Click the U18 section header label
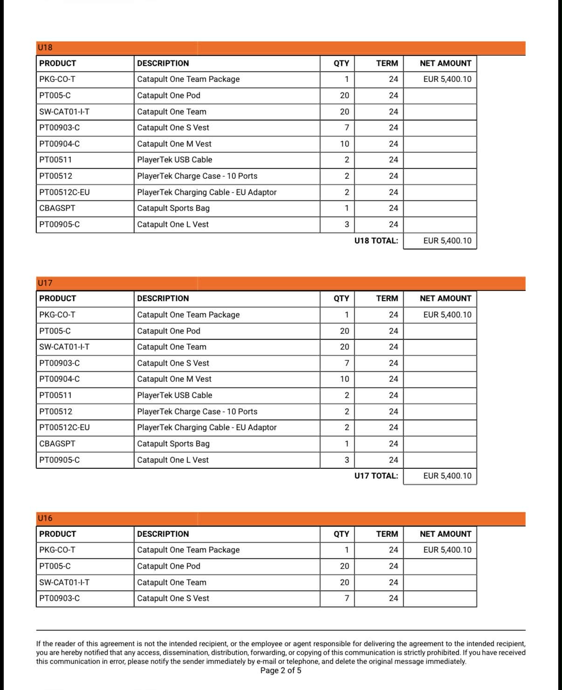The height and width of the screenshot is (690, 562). click(x=45, y=47)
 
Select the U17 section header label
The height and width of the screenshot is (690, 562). click(x=45, y=283)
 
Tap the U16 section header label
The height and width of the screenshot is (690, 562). click(x=45, y=518)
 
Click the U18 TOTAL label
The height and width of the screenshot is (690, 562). click(x=376, y=241)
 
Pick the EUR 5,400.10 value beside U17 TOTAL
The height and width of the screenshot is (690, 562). click(x=447, y=476)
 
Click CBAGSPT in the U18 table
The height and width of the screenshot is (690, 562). click(x=57, y=208)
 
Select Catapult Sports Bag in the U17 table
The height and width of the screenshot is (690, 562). click(x=173, y=444)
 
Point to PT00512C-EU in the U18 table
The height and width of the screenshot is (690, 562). click(x=65, y=192)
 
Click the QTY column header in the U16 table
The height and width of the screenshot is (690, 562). click(x=341, y=534)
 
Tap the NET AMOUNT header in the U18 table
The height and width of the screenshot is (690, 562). click(x=445, y=63)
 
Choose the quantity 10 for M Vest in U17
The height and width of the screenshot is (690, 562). click(x=344, y=379)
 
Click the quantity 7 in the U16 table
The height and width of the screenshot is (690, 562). click(x=346, y=598)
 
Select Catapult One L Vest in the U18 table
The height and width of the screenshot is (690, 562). click(x=173, y=224)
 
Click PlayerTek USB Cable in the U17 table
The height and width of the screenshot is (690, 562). click(x=175, y=395)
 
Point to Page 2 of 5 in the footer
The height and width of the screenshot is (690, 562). click(x=281, y=670)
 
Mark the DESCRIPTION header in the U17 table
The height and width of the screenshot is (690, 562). click(x=163, y=298)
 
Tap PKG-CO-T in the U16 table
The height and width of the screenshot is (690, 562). click(x=57, y=550)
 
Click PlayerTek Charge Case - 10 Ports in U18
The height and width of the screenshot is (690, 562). click(x=197, y=176)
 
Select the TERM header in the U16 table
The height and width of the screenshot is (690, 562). click(x=387, y=534)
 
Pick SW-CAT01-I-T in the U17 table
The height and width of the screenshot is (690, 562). click(x=64, y=347)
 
